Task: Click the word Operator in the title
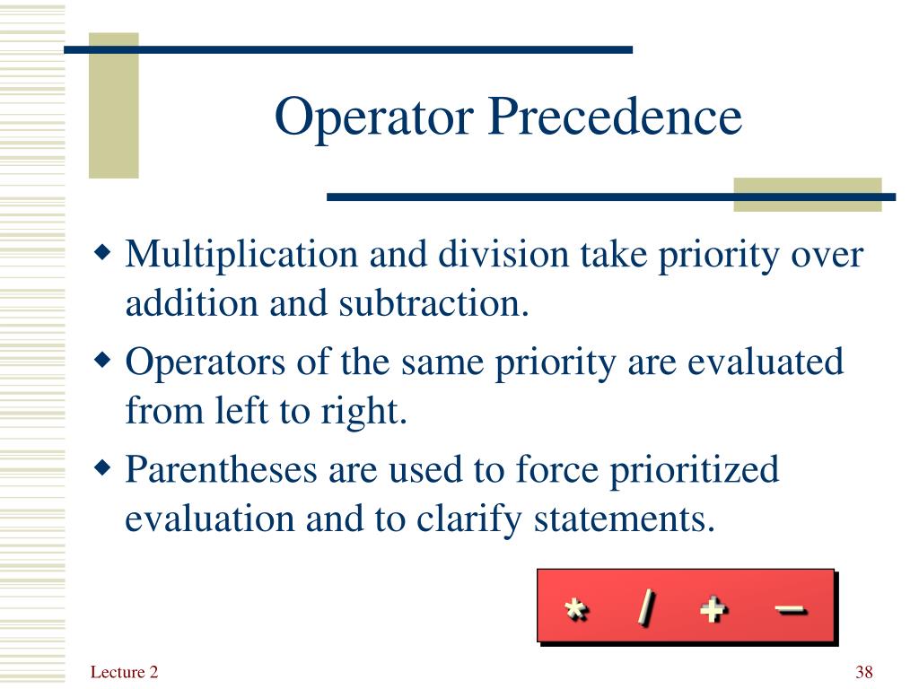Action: pos(374,118)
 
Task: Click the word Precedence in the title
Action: pos(615,116)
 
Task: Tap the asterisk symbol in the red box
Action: pos(576,609)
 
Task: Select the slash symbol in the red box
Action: pos(646,608)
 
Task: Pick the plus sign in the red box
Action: pos(714,609)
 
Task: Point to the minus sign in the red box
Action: pos(792,610)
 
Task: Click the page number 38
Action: pos(864,671)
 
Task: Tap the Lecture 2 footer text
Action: pos(124,671)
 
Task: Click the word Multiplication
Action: pos(241,256)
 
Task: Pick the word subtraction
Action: pos(433,303)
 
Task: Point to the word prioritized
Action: pos(695,471)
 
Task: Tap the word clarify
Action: pos(468,520)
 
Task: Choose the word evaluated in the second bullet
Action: pos(766,362)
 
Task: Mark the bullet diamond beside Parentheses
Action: pos(102,468)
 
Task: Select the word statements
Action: pos(625,520)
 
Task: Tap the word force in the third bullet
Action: pos(556,469)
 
